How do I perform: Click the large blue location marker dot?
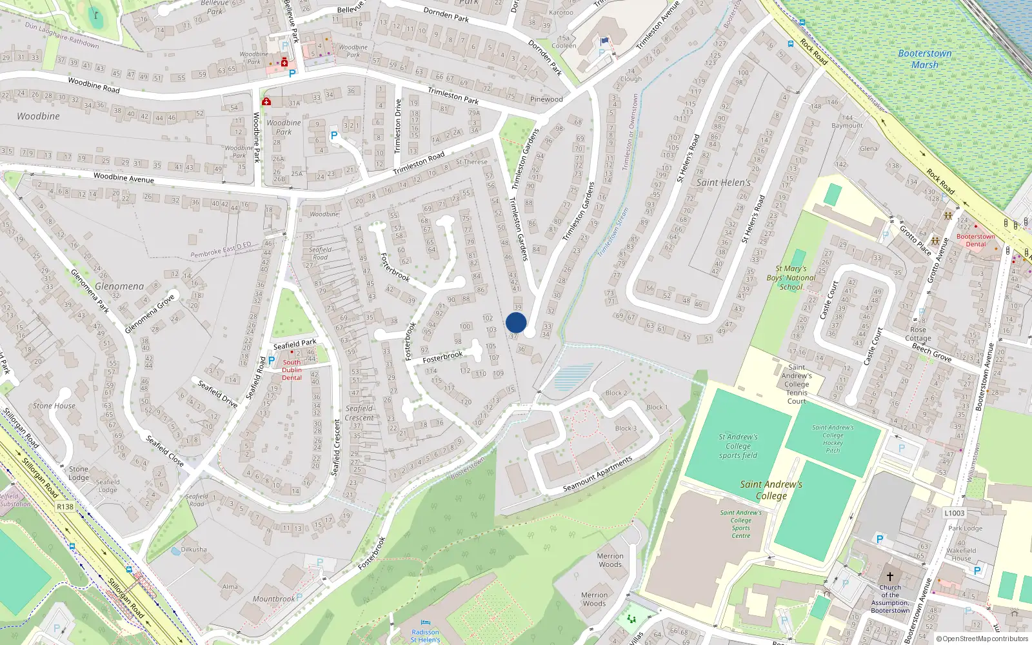tap(516, 322)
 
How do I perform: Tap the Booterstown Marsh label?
tap(924, 59)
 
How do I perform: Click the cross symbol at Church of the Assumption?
tap(890, 576)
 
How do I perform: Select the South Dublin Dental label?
tap(292, 370)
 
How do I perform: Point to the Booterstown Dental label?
tap(975, 240)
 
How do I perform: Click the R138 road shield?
tap(65, 507)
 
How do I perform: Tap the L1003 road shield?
tap(955, 513)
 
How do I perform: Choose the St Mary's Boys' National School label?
tap(791, 278)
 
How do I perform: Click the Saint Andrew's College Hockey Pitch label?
tap(833, 439)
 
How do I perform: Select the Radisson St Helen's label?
tap(425, 636)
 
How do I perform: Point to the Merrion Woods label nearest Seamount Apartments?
tap(610, 560)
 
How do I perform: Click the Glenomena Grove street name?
tap(150, 313)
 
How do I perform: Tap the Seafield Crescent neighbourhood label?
tap(359, 413)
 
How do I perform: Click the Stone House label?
tap(54, 406)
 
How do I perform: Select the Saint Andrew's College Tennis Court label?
tap(797, 384)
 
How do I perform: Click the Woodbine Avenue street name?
tap(124, 178)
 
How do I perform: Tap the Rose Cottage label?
tap(918, 333)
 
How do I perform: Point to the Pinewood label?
tap(546, 99)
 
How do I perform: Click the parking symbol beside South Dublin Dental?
tap(272, 361)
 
